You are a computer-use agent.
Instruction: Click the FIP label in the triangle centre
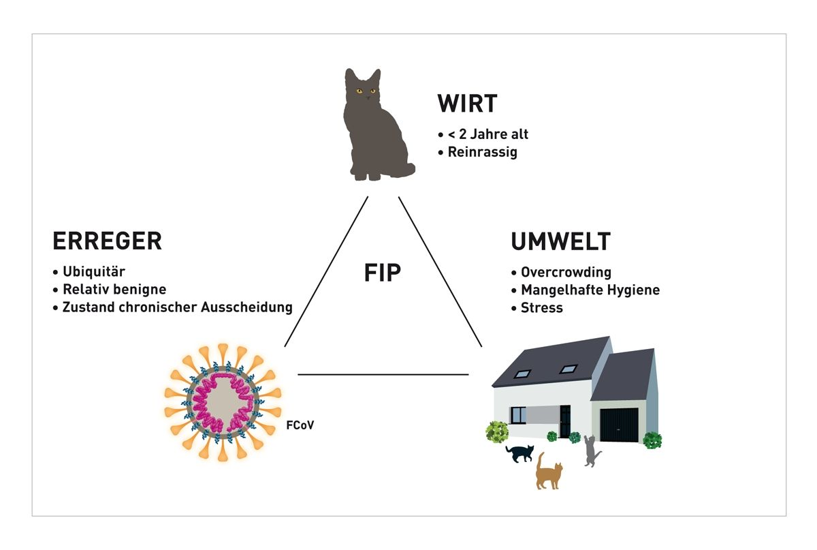pos(382,273)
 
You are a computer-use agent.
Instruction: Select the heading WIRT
pos(467,104)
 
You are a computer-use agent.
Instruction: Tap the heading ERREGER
pos(107,241)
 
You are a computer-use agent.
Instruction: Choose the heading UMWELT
pos(560,242)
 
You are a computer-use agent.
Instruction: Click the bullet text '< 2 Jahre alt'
pos(487,134)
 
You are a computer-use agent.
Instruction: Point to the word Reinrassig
pos(482,152)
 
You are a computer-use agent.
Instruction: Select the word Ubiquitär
pos(94,272)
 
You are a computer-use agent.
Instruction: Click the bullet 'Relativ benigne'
pos(114,290)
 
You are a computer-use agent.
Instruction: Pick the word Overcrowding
pos(566,272)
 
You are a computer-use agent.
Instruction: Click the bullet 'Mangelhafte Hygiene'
pos(590,290)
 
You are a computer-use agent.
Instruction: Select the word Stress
pos(542,307)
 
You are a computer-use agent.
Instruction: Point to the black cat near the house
pos(520,453)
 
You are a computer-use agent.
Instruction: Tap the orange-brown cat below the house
pos(549,472)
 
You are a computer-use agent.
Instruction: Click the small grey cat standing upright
pos(591,451)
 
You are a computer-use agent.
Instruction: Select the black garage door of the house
pos(619,424)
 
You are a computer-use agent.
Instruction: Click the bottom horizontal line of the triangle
pos(383,374)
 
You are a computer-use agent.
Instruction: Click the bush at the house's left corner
pos(497,432)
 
